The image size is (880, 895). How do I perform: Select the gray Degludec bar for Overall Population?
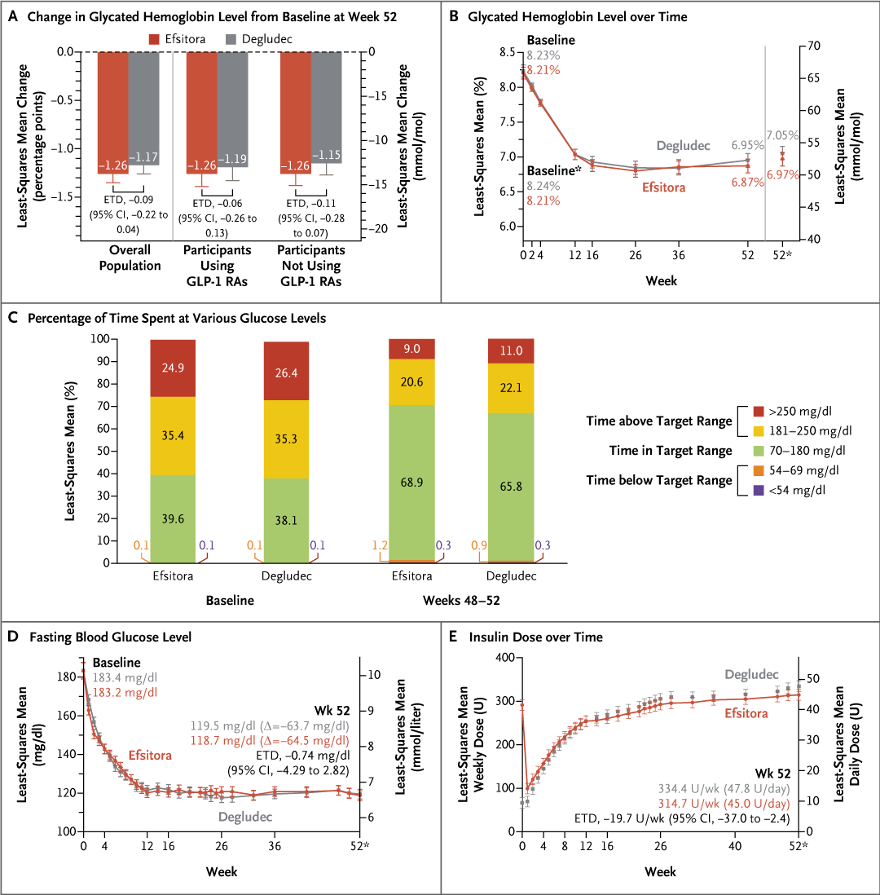click(x=143, y=106)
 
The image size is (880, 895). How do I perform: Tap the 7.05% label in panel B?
click(x=782, y=135)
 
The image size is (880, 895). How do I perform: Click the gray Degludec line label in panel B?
click(x=684, y=145)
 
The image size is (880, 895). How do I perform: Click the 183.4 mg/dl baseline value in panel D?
click(x=125, y=678)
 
